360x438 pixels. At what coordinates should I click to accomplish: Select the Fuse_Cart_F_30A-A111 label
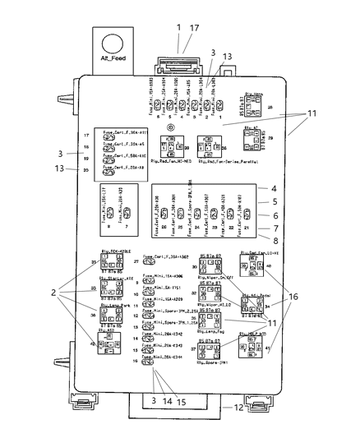[x=123, y=131]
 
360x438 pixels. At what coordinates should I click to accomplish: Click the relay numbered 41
[x=250, y=371]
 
